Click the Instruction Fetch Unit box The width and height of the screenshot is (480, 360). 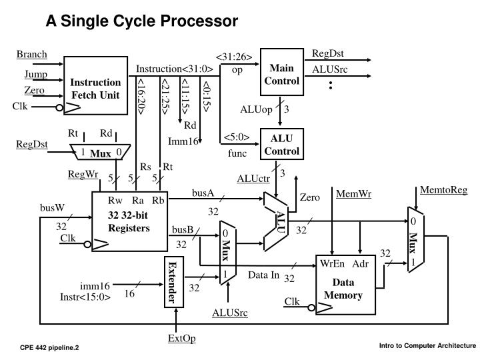(95, 88)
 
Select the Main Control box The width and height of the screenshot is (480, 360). (281, 75)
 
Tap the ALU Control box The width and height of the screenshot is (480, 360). (281, 145)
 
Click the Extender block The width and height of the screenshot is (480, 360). (173, 283)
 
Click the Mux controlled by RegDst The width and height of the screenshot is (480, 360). (101, 153)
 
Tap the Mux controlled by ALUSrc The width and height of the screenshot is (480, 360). (227, 253)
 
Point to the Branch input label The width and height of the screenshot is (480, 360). (31, 54)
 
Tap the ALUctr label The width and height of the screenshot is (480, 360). (250, 177)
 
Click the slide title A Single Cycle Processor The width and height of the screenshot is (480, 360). (141, 21)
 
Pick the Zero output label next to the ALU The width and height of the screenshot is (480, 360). (309, 197)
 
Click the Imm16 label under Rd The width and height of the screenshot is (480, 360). (183, 141)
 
